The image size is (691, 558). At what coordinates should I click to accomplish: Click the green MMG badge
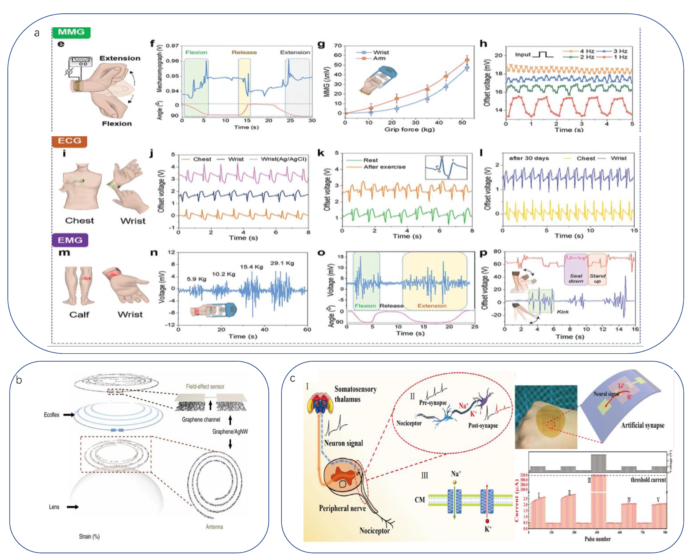(x=71, y=32)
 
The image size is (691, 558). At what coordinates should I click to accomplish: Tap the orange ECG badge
(x=69, y=141)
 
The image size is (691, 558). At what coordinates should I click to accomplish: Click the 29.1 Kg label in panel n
(x=282, y=263)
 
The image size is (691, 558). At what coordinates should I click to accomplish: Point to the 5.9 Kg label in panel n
(x=196, y=279)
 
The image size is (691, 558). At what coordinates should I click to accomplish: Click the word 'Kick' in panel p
(x=562, y=312)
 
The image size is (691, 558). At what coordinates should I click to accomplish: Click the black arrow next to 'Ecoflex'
(x=69, y=415)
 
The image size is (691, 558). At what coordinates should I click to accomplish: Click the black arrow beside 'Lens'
(x=73, y=507)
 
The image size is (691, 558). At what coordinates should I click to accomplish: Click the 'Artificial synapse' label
(x=643, y=425)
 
